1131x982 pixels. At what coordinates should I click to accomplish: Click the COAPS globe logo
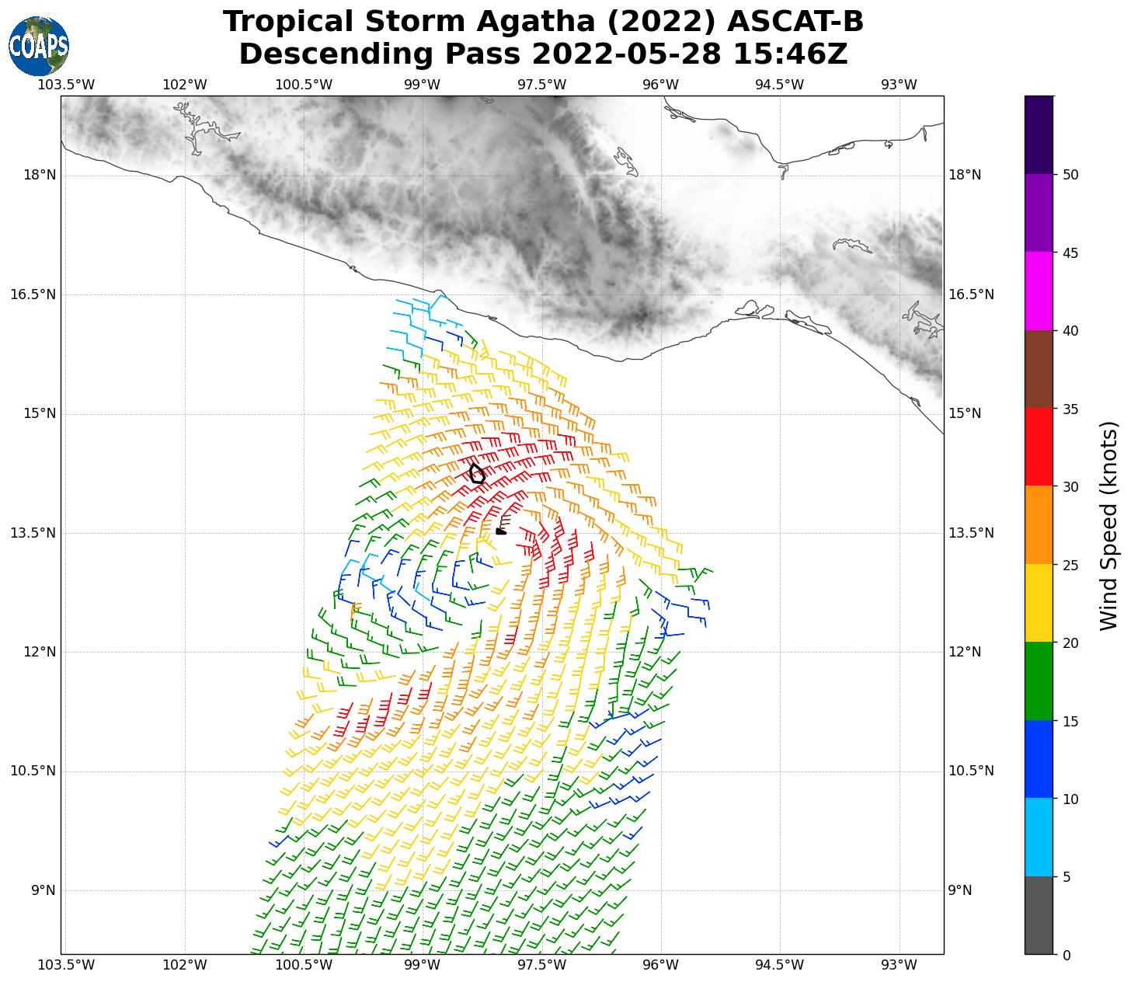[39, 46]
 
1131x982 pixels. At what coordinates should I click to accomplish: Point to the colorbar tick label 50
[1070, 175]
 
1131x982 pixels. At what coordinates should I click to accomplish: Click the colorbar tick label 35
[1070, 409]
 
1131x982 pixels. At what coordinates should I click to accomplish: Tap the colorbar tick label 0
[1067, 955]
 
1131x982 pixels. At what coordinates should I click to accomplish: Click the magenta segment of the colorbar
[1039, 291]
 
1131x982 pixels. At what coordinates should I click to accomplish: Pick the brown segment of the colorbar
[1039, 369]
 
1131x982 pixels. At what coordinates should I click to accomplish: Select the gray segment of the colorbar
[1039, 915]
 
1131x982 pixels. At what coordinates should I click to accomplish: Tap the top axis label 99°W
[423, 85]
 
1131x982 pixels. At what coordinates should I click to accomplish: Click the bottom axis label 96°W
[661, 965]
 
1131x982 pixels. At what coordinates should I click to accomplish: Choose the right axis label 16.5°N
[971, 294]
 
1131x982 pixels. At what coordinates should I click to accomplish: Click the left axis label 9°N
[43, 890]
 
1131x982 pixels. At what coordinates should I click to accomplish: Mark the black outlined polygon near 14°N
[477, 474]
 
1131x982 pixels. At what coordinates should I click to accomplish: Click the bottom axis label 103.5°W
[66, 965]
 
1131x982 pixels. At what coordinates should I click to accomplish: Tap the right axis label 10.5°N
[971, 771]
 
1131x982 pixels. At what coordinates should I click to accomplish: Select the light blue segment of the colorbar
[1039, 837]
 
